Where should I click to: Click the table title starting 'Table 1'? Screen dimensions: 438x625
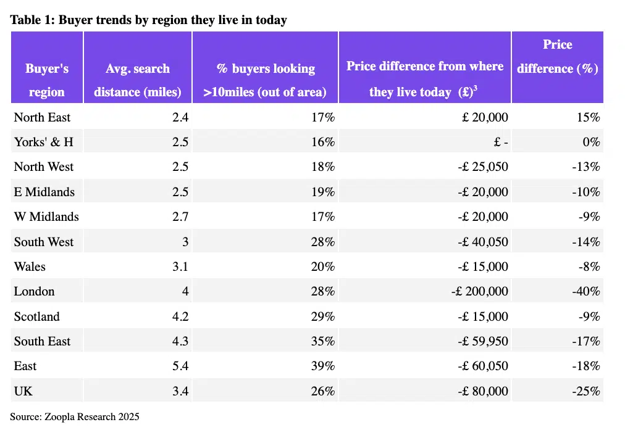pyautogui.click(x=148, y=20)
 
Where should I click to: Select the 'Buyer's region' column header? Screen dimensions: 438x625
pyautogui.click(x=46, y=80)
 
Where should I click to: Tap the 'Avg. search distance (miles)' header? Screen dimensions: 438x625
pyautogui.click(x=137, y=80)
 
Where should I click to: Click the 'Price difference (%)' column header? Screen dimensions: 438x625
pyautogui.click(x=557, y=57)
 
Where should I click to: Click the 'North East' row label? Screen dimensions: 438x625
pyautogui.click(x=42, y=117)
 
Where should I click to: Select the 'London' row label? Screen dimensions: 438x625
pyautogui.click(x=34, y=291)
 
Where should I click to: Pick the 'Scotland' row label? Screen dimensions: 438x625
pyautogui.click(x=36, y=316)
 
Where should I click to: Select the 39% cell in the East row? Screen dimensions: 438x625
pyautogui.click(x=322, y=366)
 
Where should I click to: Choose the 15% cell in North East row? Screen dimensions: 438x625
pyautogui.click(x=589, y=117)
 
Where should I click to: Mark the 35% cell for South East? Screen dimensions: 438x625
pyautogui.click(x=322, y=341)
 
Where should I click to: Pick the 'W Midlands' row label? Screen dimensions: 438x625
pyautogui.click(x=46, y=217)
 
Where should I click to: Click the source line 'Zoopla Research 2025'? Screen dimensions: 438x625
pyautogui.click(x=74, y=416)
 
